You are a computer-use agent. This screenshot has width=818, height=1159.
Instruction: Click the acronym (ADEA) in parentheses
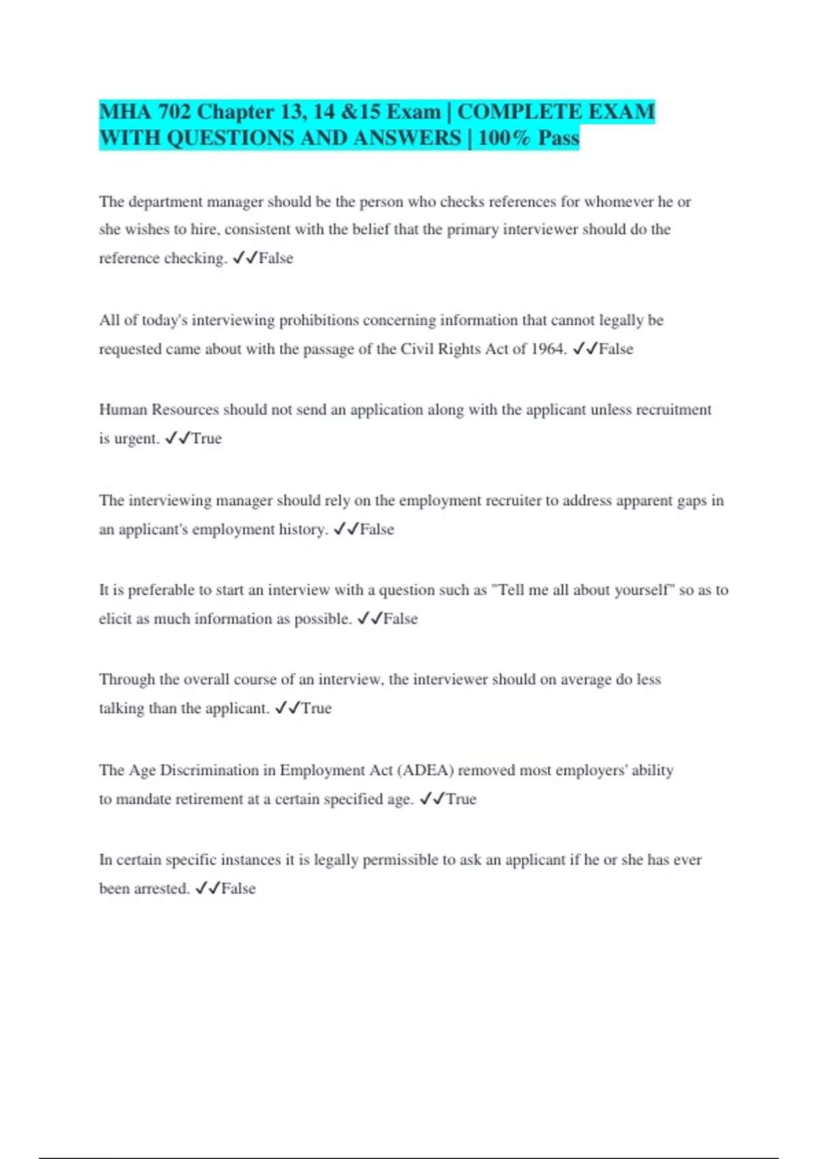click(x=425, y=770)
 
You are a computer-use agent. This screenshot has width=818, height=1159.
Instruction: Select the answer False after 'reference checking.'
click(x=276, y=258)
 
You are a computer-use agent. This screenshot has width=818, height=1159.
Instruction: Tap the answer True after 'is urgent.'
click(x=207, y=438)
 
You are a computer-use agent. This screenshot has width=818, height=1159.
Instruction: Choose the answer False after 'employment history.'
click(x=377, y=530)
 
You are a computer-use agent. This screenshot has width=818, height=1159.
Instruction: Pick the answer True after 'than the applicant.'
click(x=316, y=708)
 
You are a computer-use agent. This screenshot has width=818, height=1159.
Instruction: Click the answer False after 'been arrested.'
click(x=239, y=889)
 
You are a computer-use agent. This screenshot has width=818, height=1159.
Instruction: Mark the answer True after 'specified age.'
click(x=461, y=799)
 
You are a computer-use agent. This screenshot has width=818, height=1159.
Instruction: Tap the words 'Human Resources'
click(x=159, y=410)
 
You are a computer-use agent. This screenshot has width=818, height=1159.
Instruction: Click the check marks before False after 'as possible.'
click(x=369, y=619)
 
